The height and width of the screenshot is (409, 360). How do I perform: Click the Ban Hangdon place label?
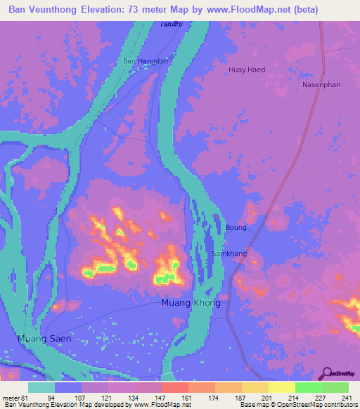tap(146, 61)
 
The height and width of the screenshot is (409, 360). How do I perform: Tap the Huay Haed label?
tap(247, 70)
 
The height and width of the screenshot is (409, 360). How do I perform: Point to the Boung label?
tap(236, 227)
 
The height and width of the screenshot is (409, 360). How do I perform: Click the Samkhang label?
tap(228, 253)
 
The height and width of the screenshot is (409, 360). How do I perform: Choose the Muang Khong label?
tap(186, 303)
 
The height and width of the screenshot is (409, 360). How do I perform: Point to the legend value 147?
tap(161, 397)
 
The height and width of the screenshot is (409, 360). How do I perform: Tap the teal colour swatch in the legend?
tap(41, 387)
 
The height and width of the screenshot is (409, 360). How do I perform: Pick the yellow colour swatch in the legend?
tap(281, 387)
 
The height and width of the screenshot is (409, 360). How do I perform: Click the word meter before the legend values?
tap(11, 397)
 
